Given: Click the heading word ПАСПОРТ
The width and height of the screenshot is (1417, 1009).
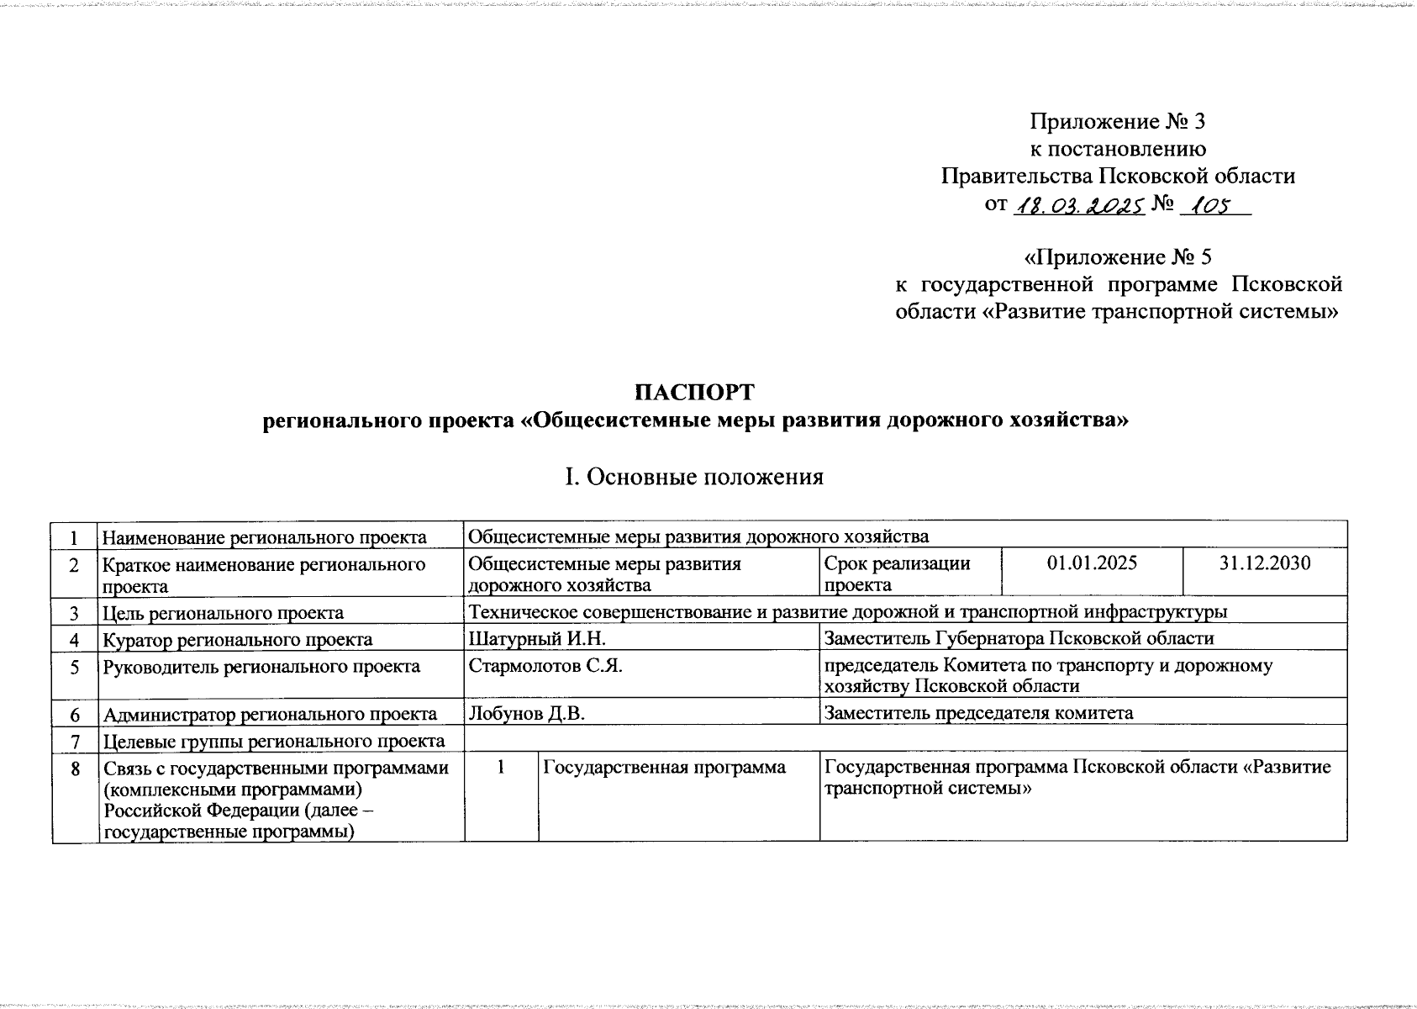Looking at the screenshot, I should (694, 393).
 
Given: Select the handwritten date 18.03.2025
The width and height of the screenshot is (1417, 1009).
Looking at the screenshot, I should (1079, 204).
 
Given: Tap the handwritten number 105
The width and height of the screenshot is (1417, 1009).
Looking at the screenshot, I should (1210, 204).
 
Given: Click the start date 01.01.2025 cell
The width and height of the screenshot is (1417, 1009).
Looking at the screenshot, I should (1092, 563).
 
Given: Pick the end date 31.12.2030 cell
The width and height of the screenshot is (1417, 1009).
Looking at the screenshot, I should (1264, 563).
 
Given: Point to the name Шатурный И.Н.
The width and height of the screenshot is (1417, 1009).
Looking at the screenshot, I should (526, 638).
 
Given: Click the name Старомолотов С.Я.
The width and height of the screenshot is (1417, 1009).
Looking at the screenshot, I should (545, 666).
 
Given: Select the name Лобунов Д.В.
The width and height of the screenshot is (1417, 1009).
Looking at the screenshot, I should (526, 713).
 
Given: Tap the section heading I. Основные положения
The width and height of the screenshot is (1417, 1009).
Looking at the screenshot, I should (694, 477).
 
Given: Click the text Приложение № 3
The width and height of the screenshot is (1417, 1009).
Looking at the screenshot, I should (1117, 122).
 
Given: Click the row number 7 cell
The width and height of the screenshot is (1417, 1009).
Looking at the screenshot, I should (75, 741).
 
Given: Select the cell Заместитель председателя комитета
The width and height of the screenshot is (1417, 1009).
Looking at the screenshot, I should (978, 713).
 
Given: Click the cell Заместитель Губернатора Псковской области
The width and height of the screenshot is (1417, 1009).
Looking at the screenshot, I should (1019, 638).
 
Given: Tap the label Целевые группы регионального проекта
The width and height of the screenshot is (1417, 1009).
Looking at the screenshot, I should (274, 741).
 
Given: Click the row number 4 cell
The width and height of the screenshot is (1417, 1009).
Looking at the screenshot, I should (75, 639).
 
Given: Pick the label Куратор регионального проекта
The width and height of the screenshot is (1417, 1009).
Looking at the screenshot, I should (237, 639).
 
